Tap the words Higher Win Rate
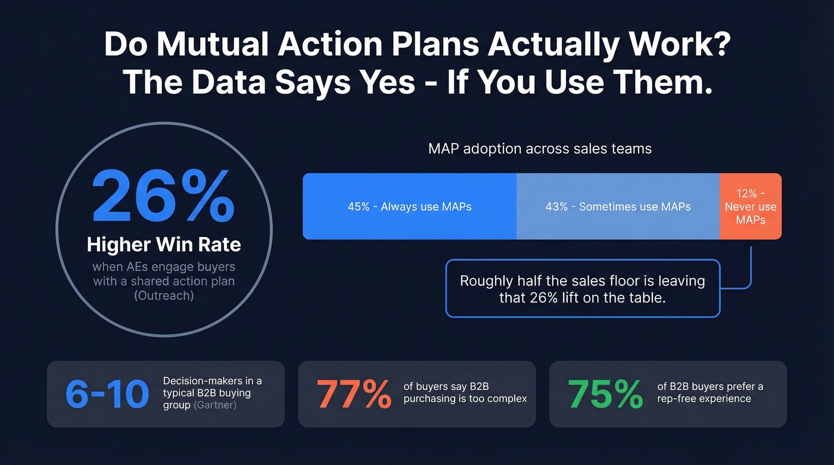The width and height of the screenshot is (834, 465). click(164, 244)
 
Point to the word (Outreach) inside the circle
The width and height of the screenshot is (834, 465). click(164, 295)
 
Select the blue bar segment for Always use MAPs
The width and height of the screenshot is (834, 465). click(409, 207)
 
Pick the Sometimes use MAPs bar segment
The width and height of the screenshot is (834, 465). click(618, 207)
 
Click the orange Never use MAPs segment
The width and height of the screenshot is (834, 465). click(751, 207)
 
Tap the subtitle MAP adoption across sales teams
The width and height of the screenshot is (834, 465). click(540, 148)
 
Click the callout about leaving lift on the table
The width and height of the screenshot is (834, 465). click(582, 288)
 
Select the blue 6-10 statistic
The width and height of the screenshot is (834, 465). click(107, 394)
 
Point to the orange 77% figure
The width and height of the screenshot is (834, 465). click(354, 394)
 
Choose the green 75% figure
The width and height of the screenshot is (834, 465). click(605, 394)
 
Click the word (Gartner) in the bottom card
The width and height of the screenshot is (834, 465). click(216, 405)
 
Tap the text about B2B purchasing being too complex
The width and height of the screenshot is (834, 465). click(465, 393)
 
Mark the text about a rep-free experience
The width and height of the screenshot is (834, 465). click(710, 393)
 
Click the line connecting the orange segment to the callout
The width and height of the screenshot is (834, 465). click(751, 268)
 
